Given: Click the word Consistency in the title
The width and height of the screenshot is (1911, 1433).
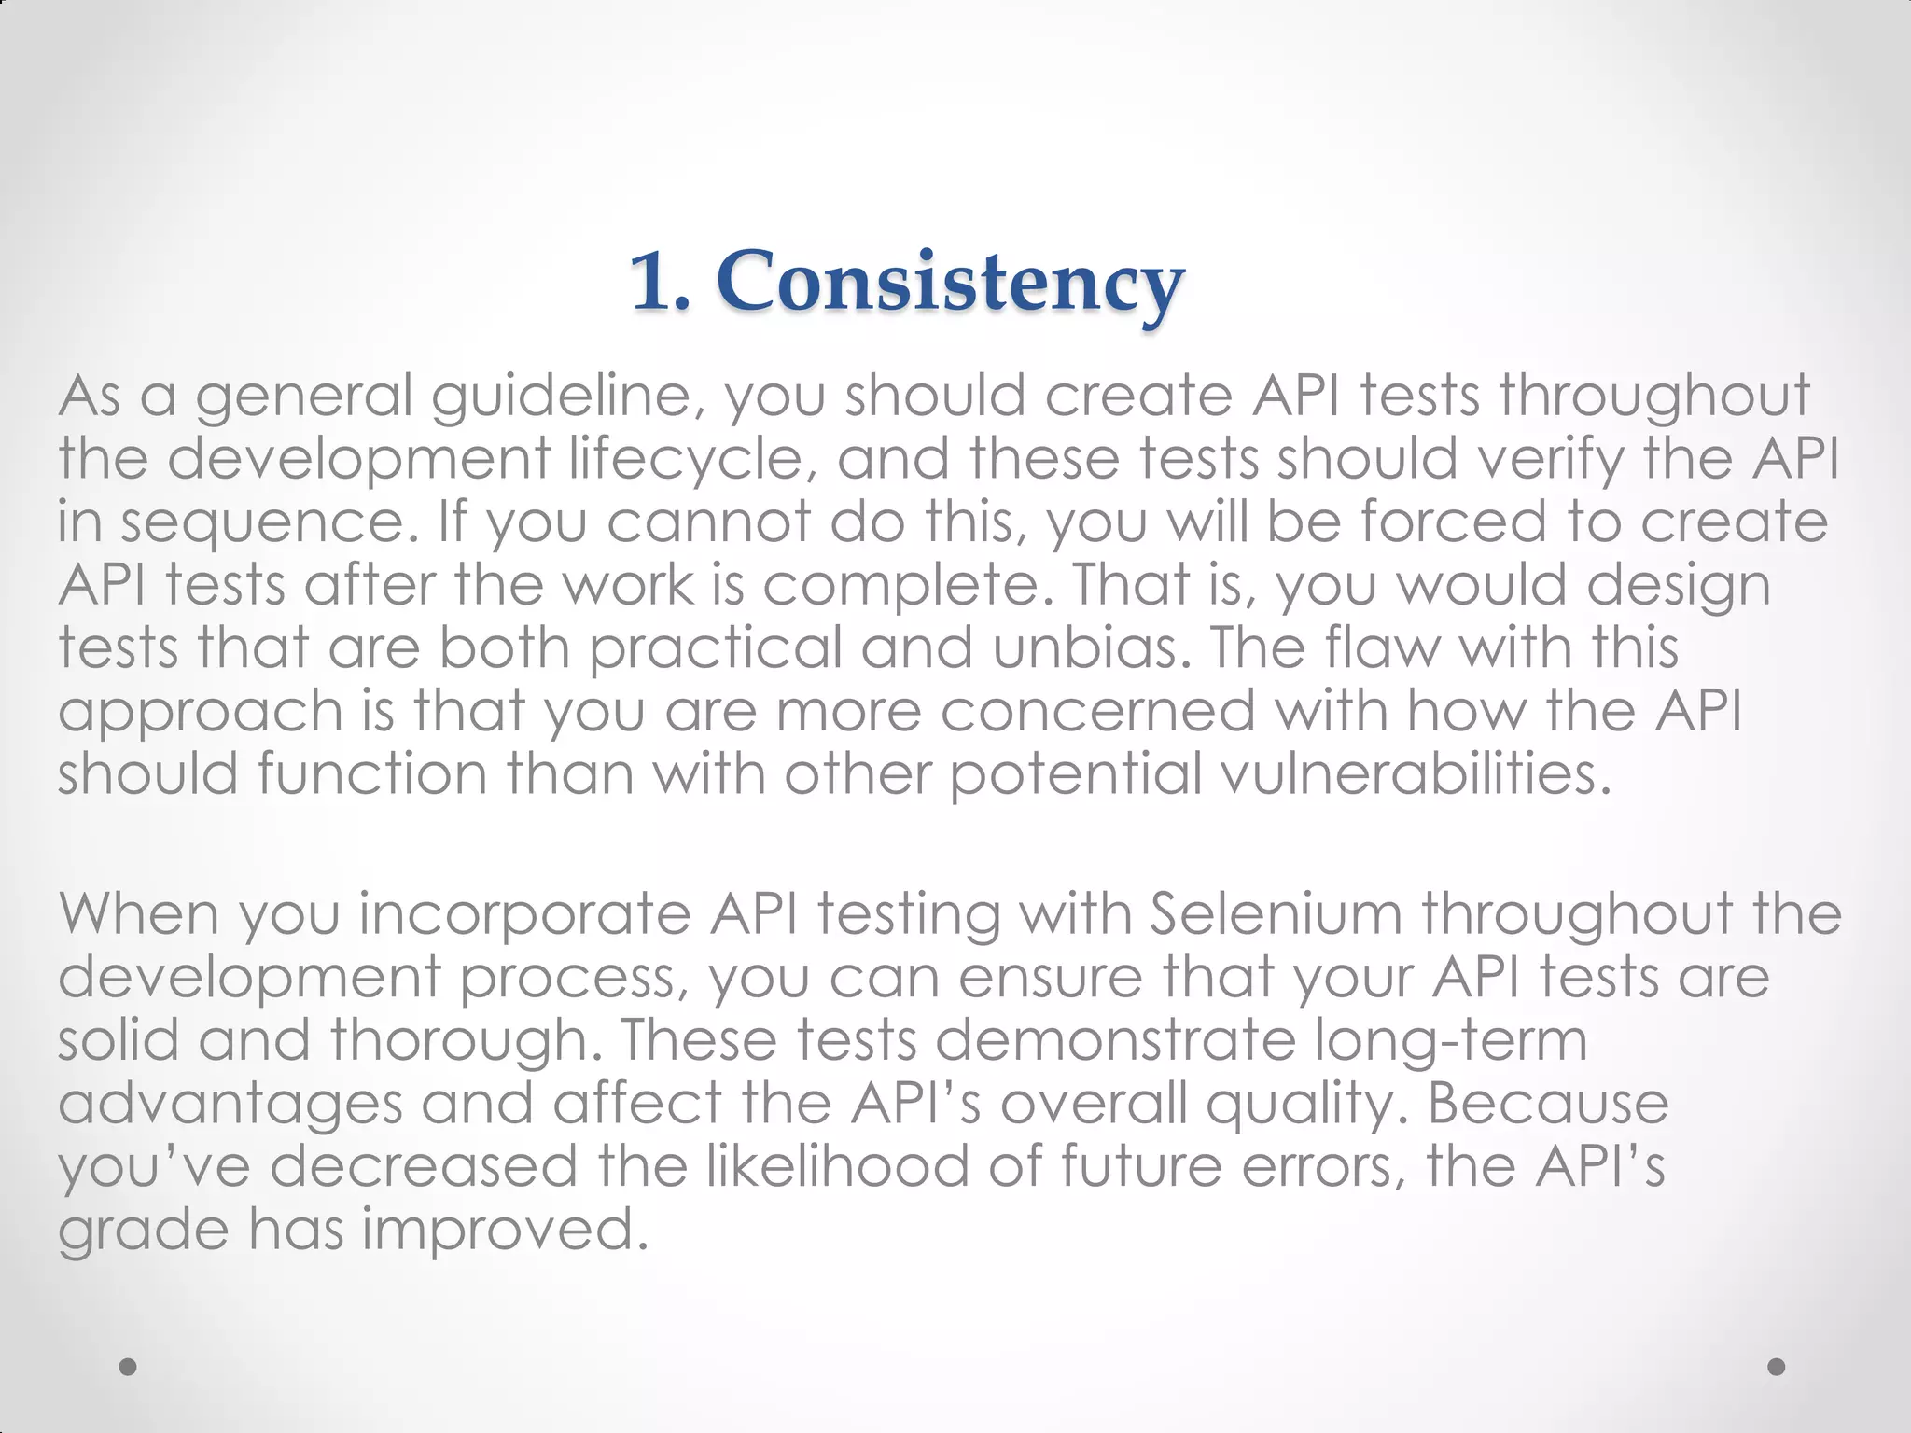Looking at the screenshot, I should pos(950,283).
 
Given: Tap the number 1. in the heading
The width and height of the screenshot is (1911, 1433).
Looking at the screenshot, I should pos(661,283).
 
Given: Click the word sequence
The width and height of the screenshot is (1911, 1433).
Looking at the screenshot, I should pos(271,522).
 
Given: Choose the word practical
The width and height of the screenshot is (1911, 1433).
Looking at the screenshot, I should pos(717,647).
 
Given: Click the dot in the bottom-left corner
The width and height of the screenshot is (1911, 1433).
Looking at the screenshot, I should pos(129,1367).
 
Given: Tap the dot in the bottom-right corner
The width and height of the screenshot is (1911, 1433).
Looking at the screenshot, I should pos(1777,1367).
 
